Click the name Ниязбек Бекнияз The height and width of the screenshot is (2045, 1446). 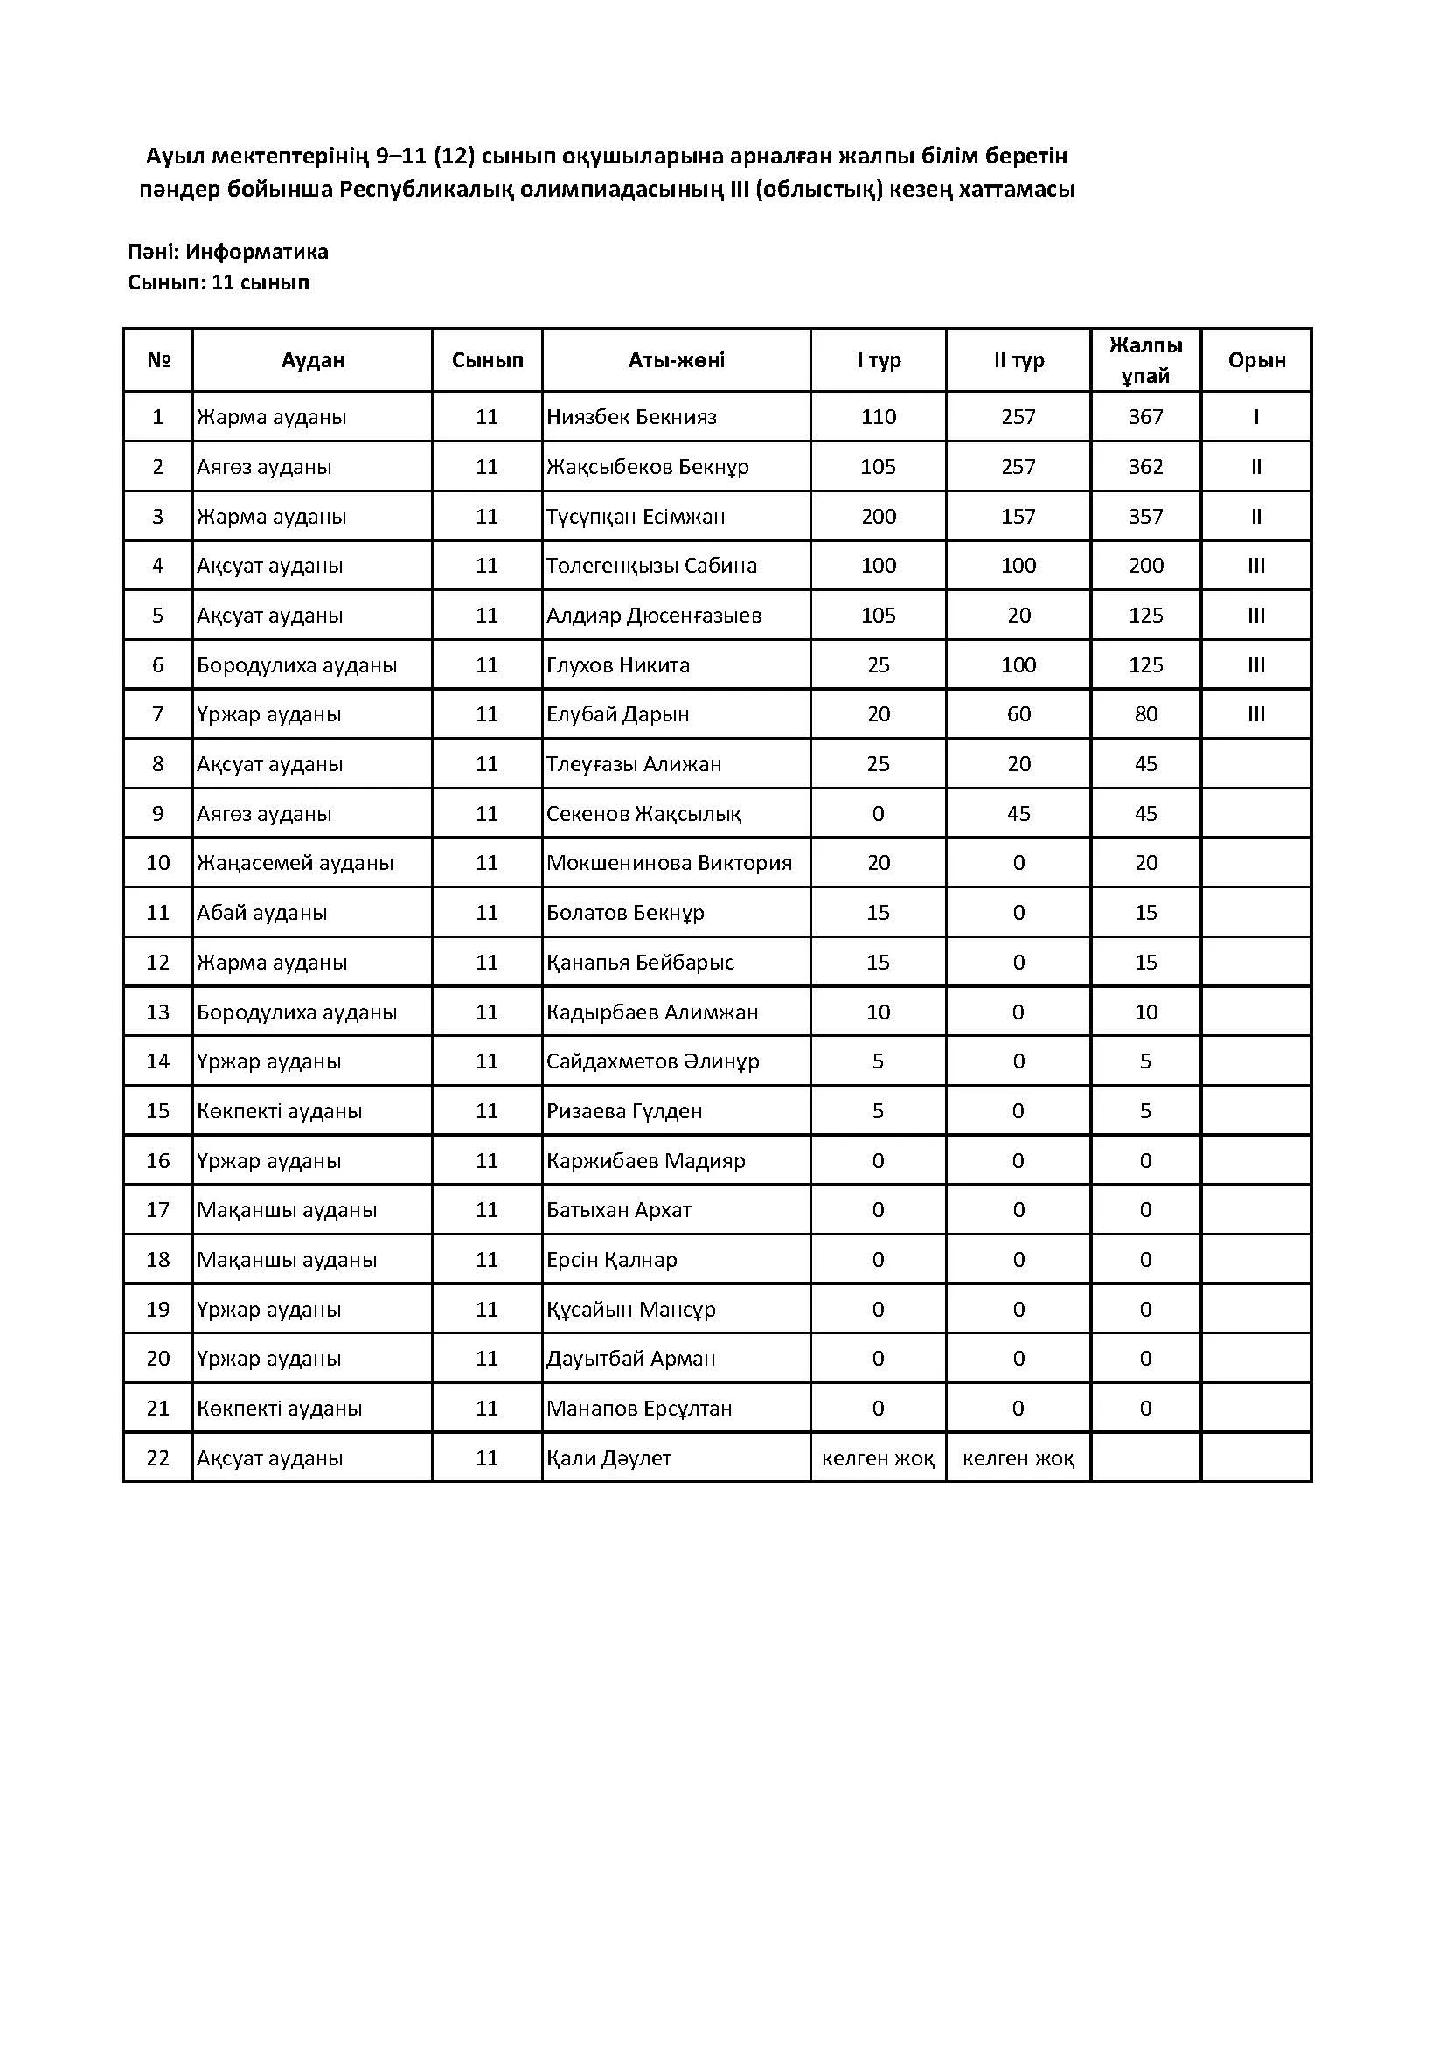coord(631,417)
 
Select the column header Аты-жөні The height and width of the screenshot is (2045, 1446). coord(676,360)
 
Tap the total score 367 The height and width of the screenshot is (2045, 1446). coord(1145,417)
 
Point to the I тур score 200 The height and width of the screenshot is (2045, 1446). coord(878,517)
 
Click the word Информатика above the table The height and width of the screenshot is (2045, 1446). coord(256,252)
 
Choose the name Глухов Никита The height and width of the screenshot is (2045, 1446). coord(618,664)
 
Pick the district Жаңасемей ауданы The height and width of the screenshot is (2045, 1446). coord(295,862)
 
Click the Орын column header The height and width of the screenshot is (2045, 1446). coord(1256,360)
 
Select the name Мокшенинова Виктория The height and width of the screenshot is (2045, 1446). coord(669,862)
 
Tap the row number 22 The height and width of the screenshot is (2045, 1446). coord(157,1458)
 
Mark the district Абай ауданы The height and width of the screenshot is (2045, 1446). coord(261,912)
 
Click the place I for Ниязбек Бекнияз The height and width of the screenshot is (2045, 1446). coord(1256,417)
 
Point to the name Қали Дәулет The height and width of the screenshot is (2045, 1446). coord(609,1458)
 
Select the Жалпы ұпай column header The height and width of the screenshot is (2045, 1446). coord(1145,360)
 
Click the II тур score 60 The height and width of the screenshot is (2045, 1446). coord(1018,714)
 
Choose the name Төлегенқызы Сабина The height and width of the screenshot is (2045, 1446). coord(652,566)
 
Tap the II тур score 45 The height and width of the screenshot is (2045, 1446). coord(1018,813)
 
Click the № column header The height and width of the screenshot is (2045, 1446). coord(158,360)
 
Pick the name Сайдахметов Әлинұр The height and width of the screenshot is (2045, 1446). coord(653,1061)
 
